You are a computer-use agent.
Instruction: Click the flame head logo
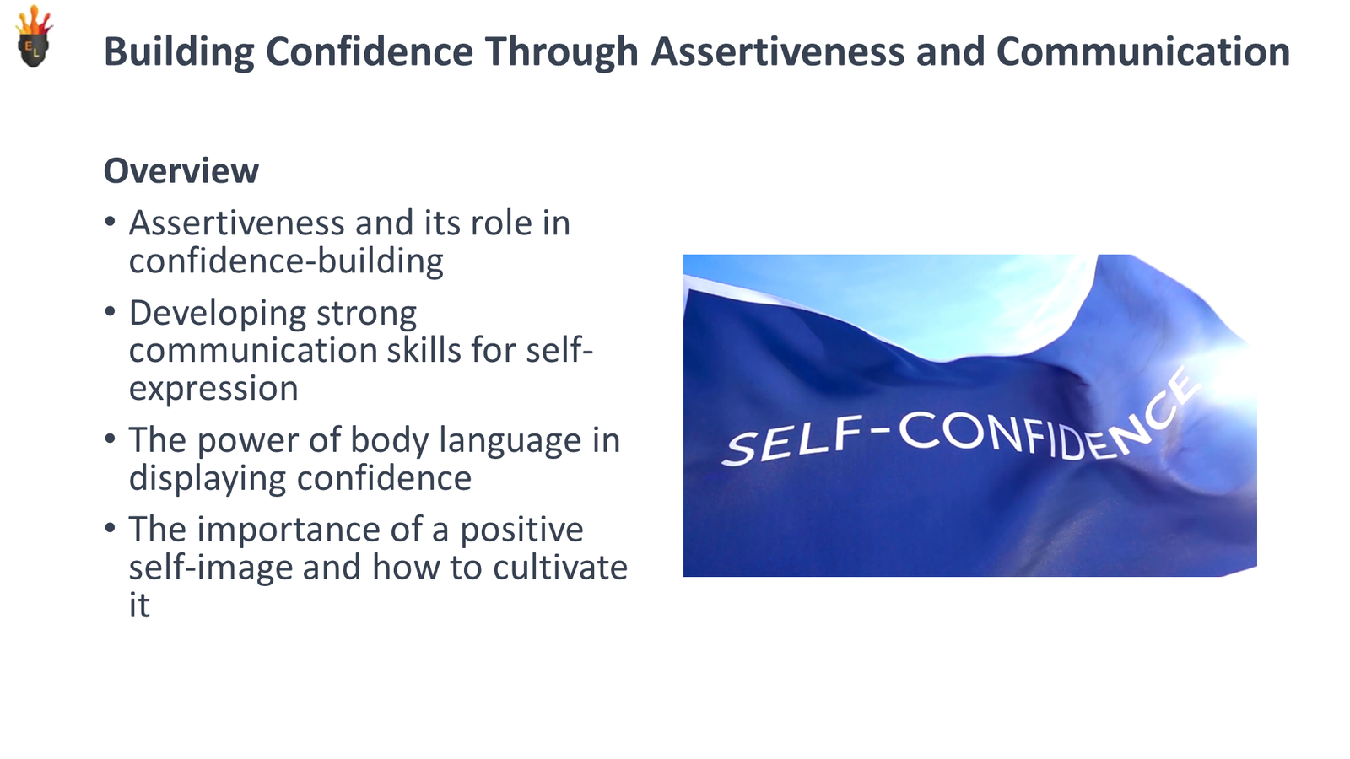(x=34, y=39)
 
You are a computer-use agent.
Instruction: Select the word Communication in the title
(x=1142, y=52)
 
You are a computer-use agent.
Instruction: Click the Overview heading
(x=181, y=171)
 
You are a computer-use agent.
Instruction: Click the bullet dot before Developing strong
(x=110, y=312)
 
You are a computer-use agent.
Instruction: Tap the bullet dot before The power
(x=110, y=439)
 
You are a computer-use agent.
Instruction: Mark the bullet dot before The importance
(x=110, y=529)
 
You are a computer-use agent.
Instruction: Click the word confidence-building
(x=285, y=261)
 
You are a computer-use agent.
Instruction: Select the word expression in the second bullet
(x=213, y=389)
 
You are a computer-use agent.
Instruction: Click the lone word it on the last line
(x=139, y=606)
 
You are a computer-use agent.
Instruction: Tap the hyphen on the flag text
(x=881, y=430)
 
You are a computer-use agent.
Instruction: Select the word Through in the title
(x=560, y=52)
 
